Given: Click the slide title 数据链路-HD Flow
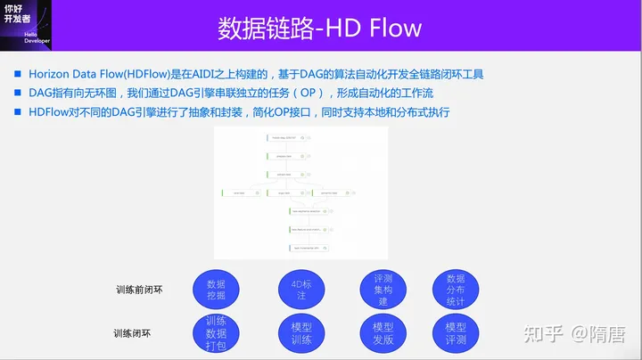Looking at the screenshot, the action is click(320, 28).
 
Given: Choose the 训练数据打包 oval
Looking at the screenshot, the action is click(216, 333).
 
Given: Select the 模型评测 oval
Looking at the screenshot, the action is click(455, 333).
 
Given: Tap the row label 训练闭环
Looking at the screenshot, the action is click(132, 333).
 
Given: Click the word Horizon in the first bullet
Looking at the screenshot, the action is click(52, 74).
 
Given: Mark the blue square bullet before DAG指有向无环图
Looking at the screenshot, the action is click(19, 94).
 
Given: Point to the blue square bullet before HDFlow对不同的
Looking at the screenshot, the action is click(19, 112).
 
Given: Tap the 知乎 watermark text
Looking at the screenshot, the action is click(541, 333).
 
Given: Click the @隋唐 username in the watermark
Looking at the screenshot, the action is click(598, 333).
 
